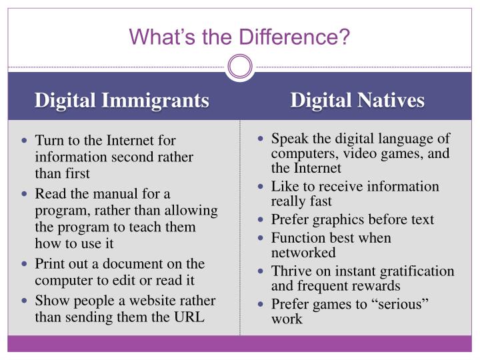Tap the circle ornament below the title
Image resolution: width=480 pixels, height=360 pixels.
(x=240, y=66)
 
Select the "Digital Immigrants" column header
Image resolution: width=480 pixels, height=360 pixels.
(x=122, y=101)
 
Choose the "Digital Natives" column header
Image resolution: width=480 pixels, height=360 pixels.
(x=357, y=101)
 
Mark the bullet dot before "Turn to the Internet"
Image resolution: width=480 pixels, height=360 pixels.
(x=25, y=141)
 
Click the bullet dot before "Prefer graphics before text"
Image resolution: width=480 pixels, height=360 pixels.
(x=261, y=219)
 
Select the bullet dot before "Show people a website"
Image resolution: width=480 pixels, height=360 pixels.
(x=25, y=300)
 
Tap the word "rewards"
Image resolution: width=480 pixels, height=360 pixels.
(x=377, y=286)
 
